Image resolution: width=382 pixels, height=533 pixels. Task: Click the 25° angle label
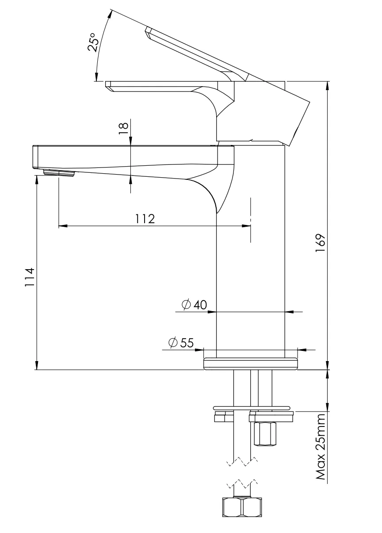pos(93,42)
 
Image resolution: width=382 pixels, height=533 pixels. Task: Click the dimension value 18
pos(123,126)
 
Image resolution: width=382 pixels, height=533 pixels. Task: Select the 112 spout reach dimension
pos(145,219)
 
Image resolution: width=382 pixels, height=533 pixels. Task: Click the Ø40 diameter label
pos(194,305)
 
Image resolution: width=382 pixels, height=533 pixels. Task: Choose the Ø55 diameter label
pos(181,343)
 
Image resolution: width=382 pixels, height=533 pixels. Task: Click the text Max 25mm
pos(321,446)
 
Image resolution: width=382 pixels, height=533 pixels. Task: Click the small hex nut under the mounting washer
pos(265,434)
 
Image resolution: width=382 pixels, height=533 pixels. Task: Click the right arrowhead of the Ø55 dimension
pos(302,350)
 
